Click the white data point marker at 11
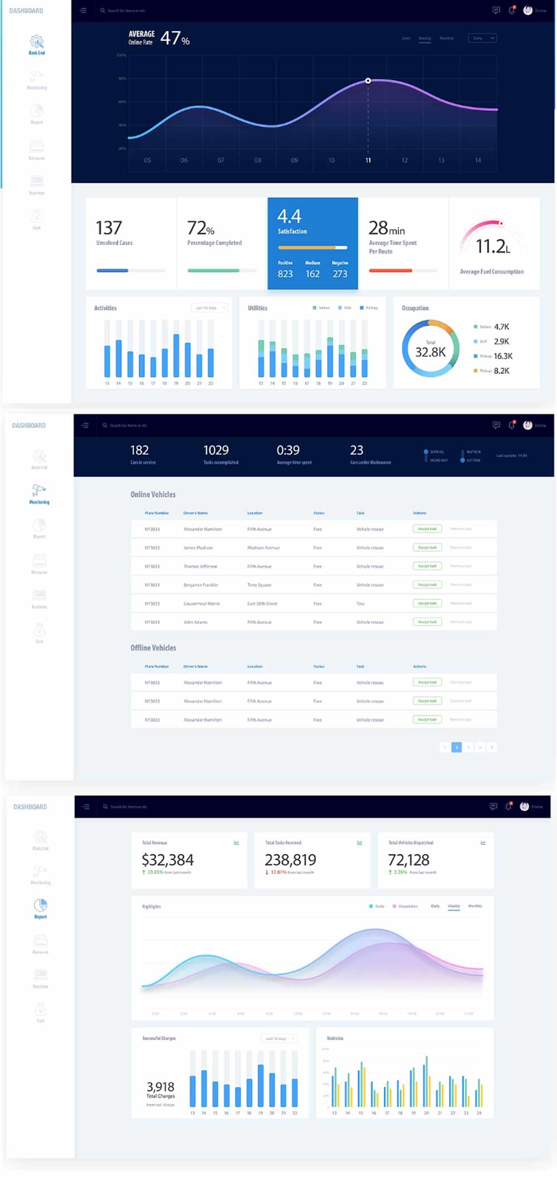point(368,81)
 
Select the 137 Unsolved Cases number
point(109,228)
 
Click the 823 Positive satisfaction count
point(285,274)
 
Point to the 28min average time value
point(387,228)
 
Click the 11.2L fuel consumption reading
point(492,246)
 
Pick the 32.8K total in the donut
point(431,352)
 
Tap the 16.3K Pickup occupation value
point(503,356)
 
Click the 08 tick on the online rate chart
point(258,160)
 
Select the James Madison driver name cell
point(198,548)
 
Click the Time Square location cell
point(259,585)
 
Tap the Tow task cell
point(360,603)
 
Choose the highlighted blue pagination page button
point(456,747)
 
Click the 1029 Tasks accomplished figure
point(216,450)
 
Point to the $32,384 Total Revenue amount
point(168,860)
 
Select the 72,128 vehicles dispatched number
point(409,860)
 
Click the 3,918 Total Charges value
point(160,1087)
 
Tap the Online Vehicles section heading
point(153,494)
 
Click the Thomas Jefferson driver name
point(201,566)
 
